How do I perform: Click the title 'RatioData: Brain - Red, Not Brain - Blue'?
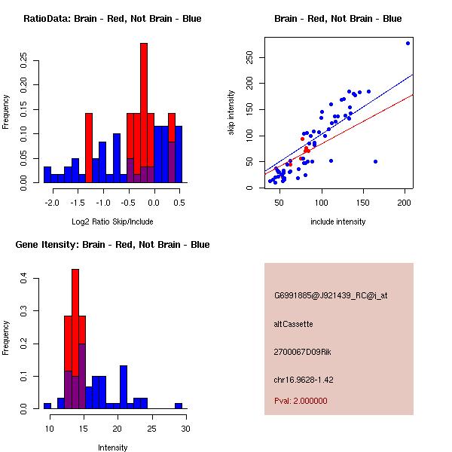point(112,18)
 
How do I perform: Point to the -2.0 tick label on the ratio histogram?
point(51,203)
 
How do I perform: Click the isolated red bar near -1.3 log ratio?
point(89,147)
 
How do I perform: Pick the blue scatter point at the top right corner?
point(408,43)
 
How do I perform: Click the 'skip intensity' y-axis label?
point(232,113)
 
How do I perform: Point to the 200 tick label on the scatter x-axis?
point(406,203)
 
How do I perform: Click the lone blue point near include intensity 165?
point(375,161)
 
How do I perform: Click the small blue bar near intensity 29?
point(179,405)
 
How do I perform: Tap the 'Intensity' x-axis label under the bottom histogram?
point(113,447)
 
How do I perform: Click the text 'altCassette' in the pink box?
point(294,324)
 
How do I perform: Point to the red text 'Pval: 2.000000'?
point(301,401)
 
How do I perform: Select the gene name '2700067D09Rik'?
point(301,351)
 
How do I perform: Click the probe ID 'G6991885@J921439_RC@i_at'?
point(330,296)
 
